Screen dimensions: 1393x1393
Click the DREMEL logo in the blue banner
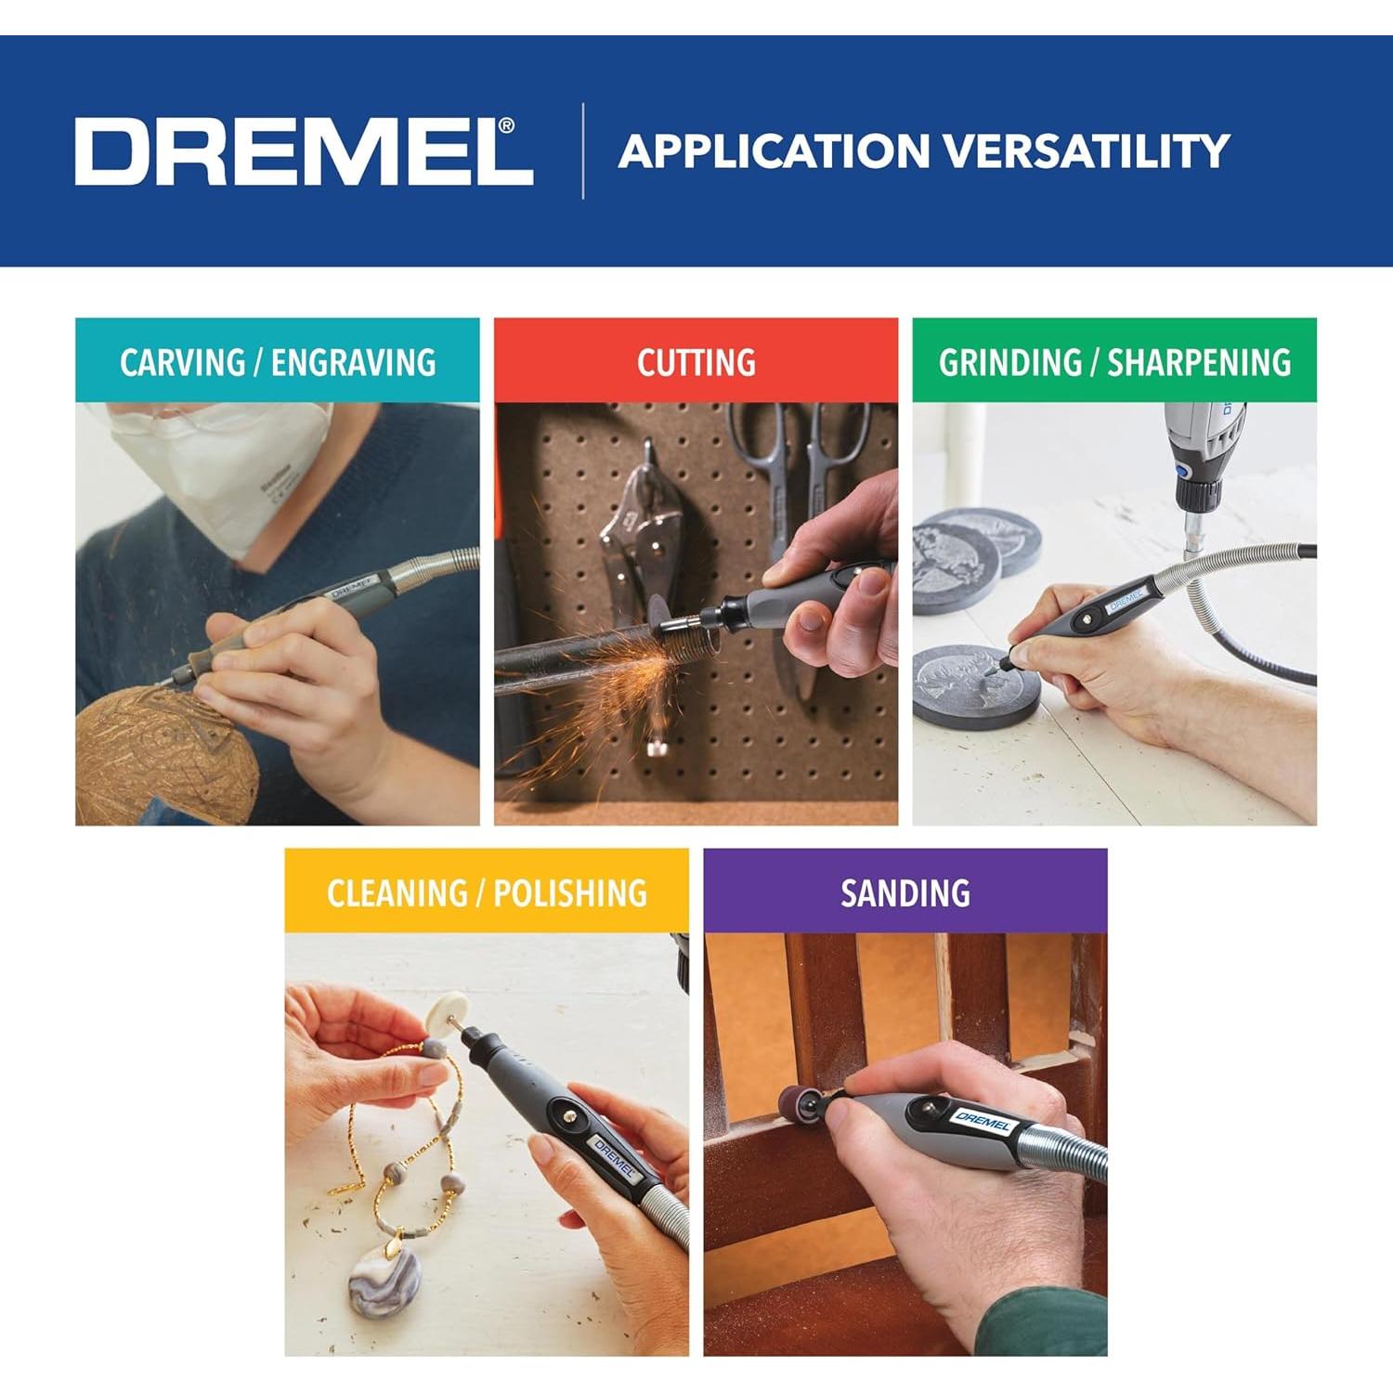(303, 150)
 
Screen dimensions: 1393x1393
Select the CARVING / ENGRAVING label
(278, 361)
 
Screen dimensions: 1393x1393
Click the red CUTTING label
(696, 361)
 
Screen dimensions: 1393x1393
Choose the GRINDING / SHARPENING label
(1114, 361)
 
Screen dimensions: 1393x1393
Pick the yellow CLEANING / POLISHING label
(487, 892)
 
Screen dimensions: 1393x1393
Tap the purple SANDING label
(905, 892)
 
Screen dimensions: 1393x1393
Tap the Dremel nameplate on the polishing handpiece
(614, 1158)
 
